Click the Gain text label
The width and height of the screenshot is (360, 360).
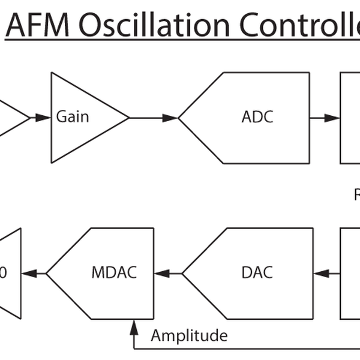click(73, 116)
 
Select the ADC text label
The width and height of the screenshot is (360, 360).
click(257, 116)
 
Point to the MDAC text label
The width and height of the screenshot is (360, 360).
click(114, 272)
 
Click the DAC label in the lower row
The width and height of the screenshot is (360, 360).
click(256, 272)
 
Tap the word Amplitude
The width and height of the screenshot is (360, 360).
click(189, 335)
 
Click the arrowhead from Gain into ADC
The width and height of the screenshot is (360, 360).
click(170, 118)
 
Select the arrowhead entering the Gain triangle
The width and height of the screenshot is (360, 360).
click(43, 118)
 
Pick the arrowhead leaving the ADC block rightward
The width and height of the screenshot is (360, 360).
click(332, 118)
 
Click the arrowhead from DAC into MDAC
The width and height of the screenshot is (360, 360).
click(161, 274)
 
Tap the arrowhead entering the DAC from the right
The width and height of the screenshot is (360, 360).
click(322, 274)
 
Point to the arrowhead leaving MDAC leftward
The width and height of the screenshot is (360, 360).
click(29, 274)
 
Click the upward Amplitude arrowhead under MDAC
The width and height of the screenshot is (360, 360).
click(133, 325)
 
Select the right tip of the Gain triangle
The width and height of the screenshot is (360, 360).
click(128, 118)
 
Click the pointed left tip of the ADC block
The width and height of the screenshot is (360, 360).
click(179, 118)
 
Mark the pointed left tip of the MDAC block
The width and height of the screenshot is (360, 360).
click(47, 274)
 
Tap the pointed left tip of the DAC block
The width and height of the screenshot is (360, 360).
click(183, 274)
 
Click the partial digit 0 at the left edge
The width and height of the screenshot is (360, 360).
click(3, 273)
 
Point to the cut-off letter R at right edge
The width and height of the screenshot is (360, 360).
click(356, 194)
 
